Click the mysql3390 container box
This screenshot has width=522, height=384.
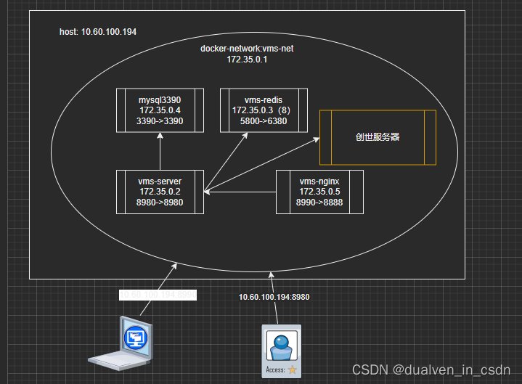(160, 110)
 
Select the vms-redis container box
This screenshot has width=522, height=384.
(264, 110)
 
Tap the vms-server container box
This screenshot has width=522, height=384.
(160, 192)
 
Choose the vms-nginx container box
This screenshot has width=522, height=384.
(319, 192)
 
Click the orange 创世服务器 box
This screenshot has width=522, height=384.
(378, 137)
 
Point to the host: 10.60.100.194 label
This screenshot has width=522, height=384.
(98, 33)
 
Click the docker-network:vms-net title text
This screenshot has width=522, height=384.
(247, 49)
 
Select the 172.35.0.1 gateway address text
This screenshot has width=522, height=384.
(247, 60)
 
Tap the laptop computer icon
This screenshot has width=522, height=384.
(122, 343)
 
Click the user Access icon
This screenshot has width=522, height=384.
(281, 351)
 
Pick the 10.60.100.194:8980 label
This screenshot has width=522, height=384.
(274, 297)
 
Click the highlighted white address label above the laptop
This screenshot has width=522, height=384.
(158, 295)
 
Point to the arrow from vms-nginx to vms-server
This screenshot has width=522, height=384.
(240, 192)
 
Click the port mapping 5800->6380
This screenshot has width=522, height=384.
(264, 121)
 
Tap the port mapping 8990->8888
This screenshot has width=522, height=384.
(319, 203)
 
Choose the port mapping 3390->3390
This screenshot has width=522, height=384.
(160, 121)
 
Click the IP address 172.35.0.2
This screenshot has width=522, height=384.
(160, 192)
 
